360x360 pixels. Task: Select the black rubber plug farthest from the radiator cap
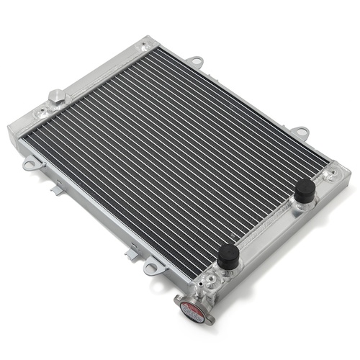click(305, 192)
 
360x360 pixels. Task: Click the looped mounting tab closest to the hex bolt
click(30, 164)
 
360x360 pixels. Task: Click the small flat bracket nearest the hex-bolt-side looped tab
click(55, 191)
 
